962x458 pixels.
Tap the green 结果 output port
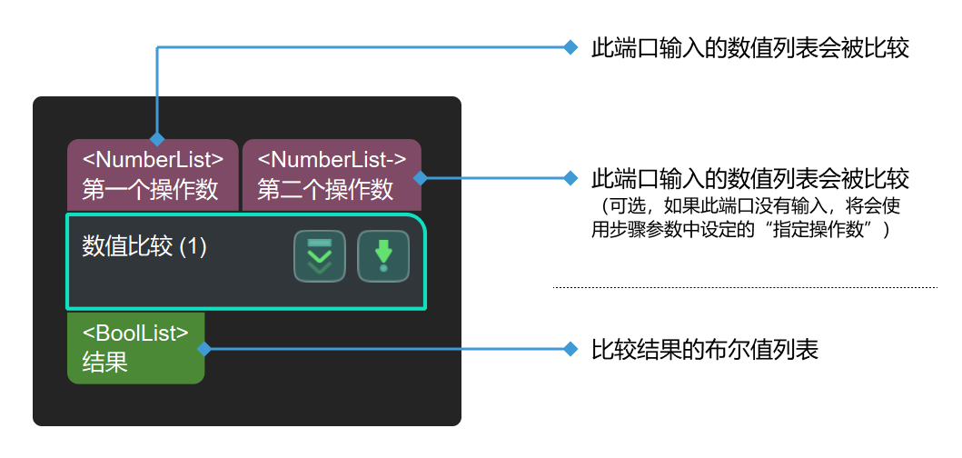(136, 348)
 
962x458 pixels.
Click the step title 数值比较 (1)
(144, 246)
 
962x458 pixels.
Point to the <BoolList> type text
(135, 334)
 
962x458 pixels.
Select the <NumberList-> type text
(332, 160)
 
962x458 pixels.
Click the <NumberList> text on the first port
(153, 160)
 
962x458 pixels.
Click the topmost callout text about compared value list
(750, 48)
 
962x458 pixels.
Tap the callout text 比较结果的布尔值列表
(705, 349)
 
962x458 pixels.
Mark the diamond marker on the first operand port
(157, 139)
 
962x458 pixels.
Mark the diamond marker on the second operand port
(421, 178)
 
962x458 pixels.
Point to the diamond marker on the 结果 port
(204, 348)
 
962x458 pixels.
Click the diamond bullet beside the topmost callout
(570, 48)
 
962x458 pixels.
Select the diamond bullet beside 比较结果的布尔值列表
(570, 349)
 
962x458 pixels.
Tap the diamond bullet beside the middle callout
(570, 177)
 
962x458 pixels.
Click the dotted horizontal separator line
(745, 287)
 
